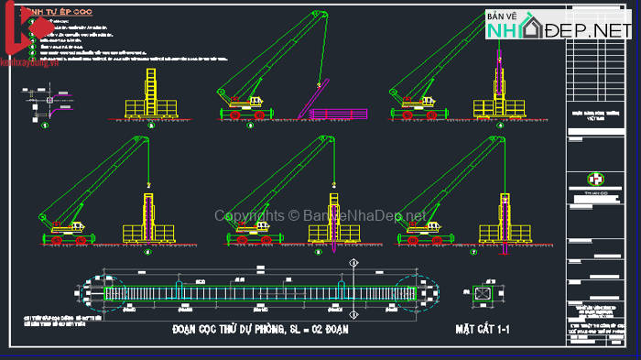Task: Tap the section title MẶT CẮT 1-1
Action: [483, 328]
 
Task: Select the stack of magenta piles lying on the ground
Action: [338, 114]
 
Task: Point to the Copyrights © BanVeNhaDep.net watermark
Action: [320, 216]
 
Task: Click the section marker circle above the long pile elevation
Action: [354, 265]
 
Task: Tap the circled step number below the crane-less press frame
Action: [151, 125]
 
